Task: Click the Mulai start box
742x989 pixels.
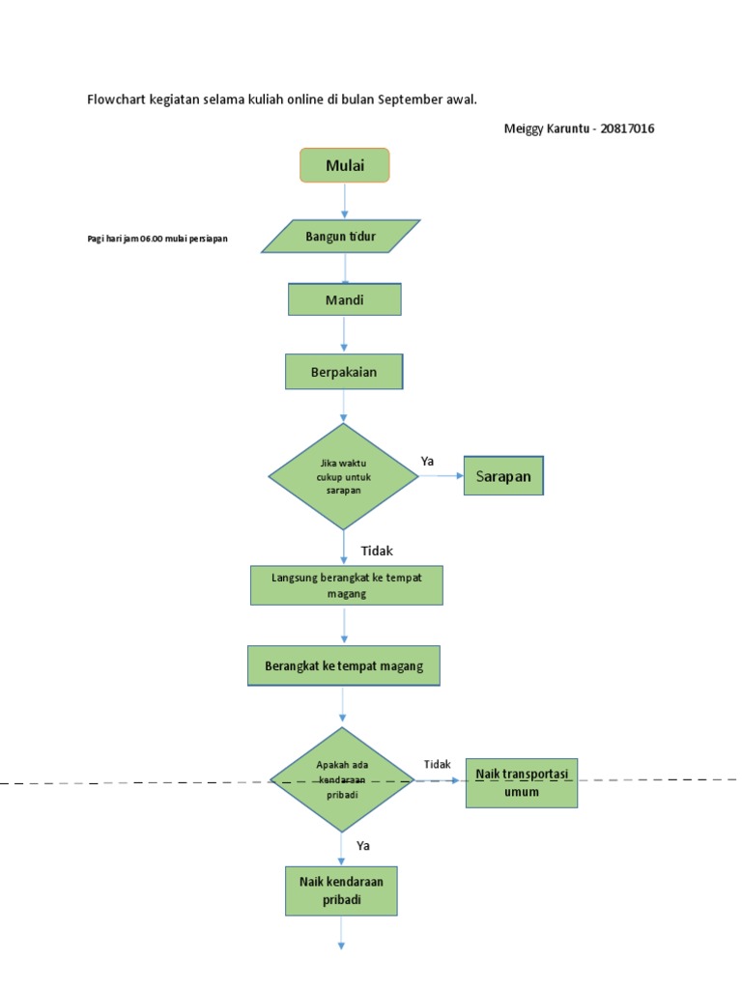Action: (x=345, y=165)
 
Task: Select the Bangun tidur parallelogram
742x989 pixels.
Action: (x=341, y=237)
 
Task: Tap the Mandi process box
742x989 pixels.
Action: (x=344, y=299)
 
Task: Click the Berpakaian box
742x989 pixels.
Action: (x=344, y=372)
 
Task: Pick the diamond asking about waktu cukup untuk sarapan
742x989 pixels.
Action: (x=343, y=476)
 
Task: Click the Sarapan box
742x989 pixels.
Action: (x=503, y=476)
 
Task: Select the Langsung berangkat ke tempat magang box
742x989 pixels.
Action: (x=346, y=585)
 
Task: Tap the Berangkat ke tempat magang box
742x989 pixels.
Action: (x=343, y=666)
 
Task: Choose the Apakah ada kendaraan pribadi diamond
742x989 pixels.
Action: (x=343, y=779)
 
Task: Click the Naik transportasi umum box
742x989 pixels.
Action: (x=522, y=782)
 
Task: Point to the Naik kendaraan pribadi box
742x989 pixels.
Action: (x=341, y=890)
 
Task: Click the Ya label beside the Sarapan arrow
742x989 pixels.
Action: (x=427, y=461)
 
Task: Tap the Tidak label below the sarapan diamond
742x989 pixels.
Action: (x=377, y=551)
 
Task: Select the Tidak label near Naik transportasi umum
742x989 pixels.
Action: (x=437, y=764)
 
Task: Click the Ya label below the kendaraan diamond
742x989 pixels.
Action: (x=363, y=845)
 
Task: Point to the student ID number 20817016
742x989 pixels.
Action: (x=627, y=128)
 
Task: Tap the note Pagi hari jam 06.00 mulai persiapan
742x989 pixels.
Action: (x=157, y=239)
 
